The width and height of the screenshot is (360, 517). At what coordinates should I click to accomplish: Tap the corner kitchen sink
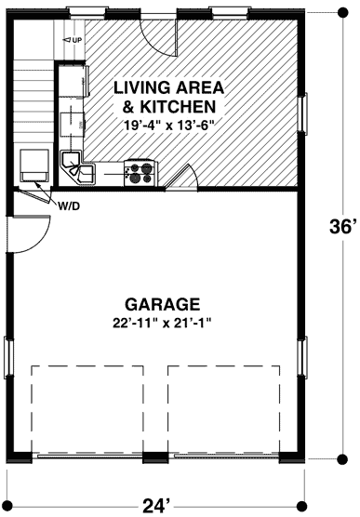click(78, 168)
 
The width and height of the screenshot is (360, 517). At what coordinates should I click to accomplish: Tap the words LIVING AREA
click(168, 87)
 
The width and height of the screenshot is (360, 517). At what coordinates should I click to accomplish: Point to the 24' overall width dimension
click(155, 505)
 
